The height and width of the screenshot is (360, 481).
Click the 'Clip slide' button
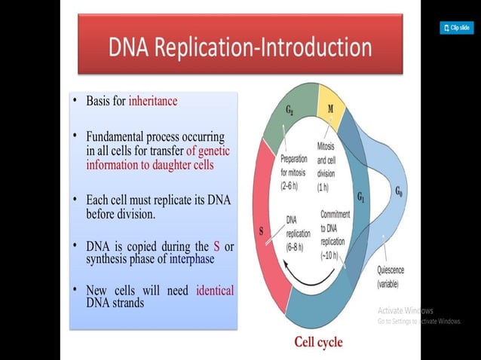[456, 28]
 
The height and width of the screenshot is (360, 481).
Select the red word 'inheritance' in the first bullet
[153, 100]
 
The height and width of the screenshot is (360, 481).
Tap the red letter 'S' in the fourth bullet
[217, 246]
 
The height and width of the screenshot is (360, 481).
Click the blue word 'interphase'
[185, 259]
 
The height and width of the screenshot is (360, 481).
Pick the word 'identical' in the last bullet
[215, 290]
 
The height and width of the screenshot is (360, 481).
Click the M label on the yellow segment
[330, 108]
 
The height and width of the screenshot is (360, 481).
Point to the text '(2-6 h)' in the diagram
[293, 185]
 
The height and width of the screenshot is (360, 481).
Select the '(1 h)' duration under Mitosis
[324, 186]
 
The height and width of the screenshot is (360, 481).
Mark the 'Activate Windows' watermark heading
[405, 310]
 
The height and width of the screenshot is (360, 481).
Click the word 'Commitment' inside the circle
[335, 215]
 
